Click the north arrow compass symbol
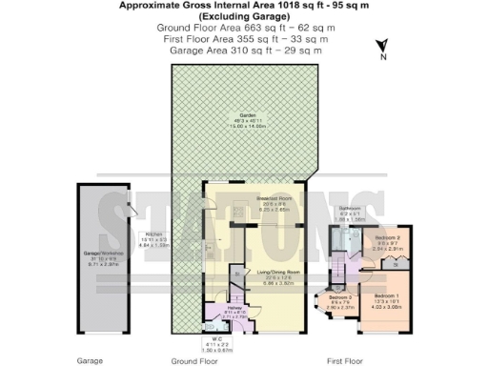(381, 47)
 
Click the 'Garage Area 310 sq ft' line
(247, 50)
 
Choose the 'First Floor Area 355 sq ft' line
(247, 39)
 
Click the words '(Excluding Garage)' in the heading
(247, 17)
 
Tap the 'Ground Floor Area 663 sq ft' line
(247, 29)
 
